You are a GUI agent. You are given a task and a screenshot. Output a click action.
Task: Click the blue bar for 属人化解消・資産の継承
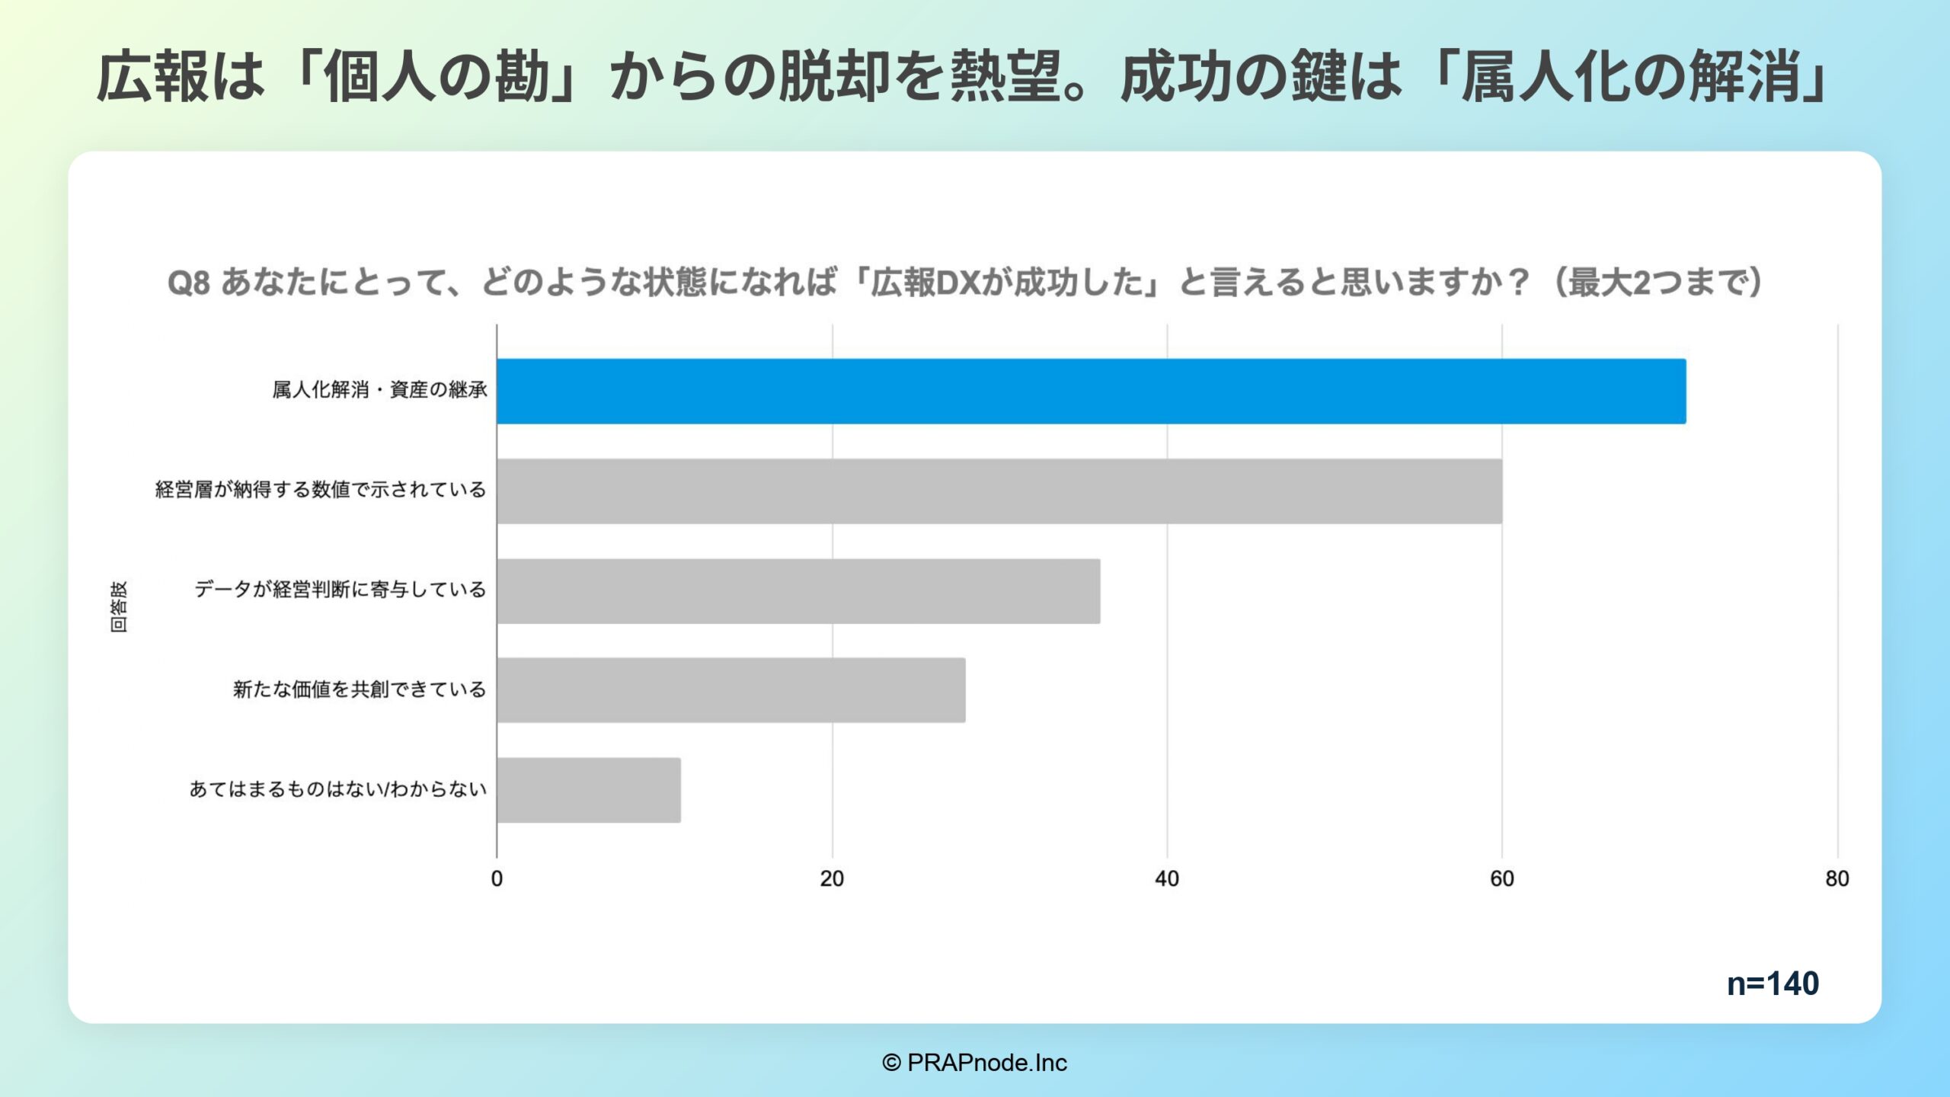[x=1091, y=391]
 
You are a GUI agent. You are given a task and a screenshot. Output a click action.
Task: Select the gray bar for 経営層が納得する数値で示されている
[x=999, y=491]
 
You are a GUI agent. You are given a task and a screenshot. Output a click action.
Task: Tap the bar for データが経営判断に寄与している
[x=798, y=590]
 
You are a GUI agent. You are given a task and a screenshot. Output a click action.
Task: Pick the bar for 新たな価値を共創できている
[x=731, y=689]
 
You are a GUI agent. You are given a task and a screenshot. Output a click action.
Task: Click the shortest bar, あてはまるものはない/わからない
[x=589, y=789]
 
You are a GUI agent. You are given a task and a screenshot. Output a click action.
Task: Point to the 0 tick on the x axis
[x=497, y=878]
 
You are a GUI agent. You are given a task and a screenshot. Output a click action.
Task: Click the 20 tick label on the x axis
[x=832, y=878]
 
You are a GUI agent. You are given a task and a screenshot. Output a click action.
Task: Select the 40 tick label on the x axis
[x=1166, y=878]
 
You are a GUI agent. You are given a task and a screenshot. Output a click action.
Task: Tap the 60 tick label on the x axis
[x=1501, y=878]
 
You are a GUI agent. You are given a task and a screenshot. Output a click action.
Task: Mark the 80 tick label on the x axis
[x=1837, y=878]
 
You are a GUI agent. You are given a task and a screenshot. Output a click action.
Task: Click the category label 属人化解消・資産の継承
[x=379, y=390]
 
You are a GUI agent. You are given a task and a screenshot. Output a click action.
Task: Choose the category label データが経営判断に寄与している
[x=340, y=589]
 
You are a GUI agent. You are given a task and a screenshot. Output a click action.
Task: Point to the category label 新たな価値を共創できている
[x=359, y=689]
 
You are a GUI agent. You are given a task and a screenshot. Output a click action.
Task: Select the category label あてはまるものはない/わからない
[x=337, y=788]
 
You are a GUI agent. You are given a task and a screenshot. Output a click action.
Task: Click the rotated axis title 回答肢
[x=119, y=606]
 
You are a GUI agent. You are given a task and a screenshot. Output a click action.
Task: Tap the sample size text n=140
[x=1773, y=983]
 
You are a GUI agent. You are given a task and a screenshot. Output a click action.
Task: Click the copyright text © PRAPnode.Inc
[x=974, y=1063]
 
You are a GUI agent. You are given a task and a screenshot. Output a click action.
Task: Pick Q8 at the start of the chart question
[x=188, y=283]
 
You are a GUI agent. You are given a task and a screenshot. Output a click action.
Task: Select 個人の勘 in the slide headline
[x=436, y=77]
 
